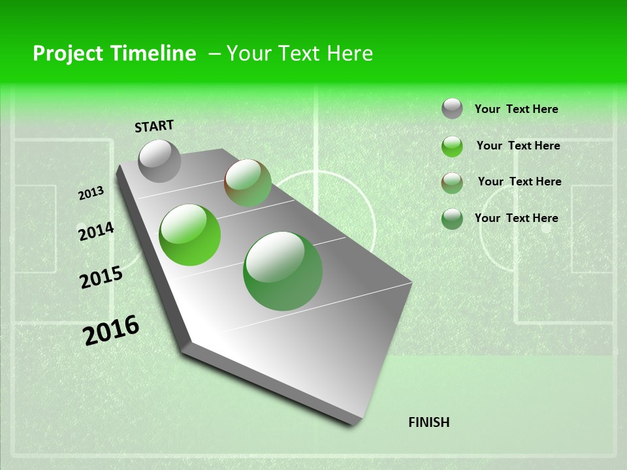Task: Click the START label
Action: click(x=154, y=125)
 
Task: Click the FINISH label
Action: click(x=428, y=422)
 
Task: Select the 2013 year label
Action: click(x=91, y=193)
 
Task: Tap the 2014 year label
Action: click(x=96, y=232)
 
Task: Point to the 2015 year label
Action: click(x=101, y=277)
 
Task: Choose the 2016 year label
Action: click(x=111, y=330)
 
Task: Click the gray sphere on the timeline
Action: click(x=159, y=161)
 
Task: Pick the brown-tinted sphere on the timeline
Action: click(x=248, y=183)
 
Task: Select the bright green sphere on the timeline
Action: click(x=190, y=235)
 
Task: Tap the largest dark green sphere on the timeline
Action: click(x=283, y=271)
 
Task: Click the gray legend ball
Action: click(x=452, y=108)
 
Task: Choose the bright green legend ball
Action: click(x=452, y=146)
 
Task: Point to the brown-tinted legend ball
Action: click(x=452, y=183)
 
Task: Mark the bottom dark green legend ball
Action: click(x=452, y=219)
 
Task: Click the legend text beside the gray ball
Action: click(x=516, y=109)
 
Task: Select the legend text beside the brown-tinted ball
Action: click(x=519, y=181)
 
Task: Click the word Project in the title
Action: click(x=68, y=54)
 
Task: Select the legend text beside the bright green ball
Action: click(x=518, y=146)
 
